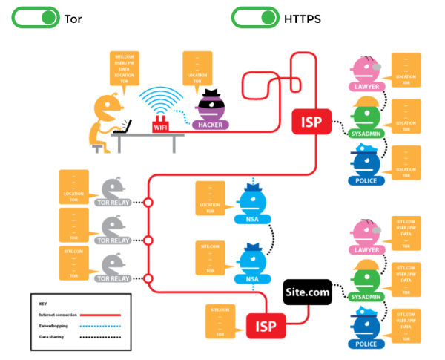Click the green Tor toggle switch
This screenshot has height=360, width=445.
[35, 18]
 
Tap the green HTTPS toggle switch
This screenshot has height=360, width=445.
[255, 18]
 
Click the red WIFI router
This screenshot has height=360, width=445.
[161, 126]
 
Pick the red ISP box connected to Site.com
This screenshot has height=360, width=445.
[266, 324]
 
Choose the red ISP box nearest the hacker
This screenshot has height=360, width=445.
[311, 120]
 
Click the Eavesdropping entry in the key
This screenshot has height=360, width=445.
[55, 324]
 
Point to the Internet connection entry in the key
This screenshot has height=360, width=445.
[58, 313]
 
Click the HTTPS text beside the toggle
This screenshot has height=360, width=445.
[303, 19]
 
